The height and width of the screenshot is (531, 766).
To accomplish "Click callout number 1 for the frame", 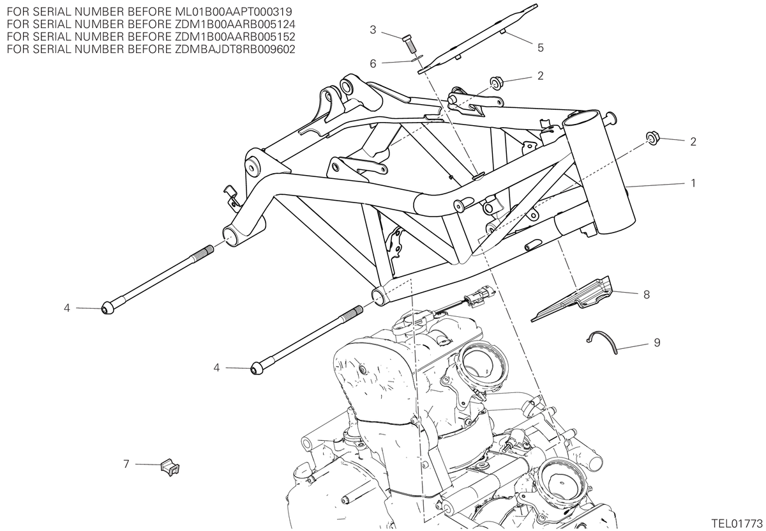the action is tap(693, 183).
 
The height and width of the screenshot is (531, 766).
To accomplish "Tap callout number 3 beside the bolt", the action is tap(373, 30).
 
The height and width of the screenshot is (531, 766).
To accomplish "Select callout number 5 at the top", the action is tap(540, 47).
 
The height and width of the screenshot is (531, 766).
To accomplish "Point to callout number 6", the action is tap(373, 64).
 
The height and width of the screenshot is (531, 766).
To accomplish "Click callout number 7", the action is tap(126, 464).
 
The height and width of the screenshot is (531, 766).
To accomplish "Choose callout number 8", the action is tap(646, 295).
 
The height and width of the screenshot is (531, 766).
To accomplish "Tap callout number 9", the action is tap(657, 342).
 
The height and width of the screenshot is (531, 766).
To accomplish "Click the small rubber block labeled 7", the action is tap(170, 466).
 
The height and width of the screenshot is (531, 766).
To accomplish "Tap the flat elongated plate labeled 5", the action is tap(477, 38).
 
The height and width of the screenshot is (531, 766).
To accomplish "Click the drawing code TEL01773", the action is tap(738, 523).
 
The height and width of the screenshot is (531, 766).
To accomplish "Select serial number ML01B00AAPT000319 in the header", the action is tap(234, 12).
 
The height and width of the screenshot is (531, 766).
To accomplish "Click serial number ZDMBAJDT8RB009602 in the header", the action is tap(236, 49).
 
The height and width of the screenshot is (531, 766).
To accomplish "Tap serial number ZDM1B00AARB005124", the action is tap(236, 24).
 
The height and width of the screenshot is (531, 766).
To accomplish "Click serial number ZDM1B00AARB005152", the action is tap(236, 36).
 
